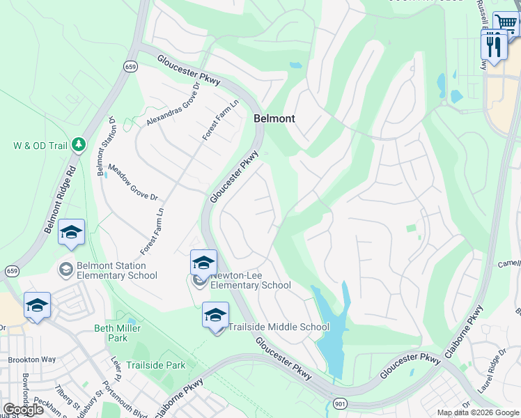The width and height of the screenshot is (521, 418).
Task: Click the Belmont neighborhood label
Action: tap(274, 118)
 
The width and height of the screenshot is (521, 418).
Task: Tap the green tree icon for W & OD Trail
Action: tap(80, 144)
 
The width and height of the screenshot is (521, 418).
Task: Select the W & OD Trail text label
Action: tap(40, 146)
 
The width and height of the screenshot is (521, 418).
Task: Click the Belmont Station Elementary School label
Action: tap(111, 270)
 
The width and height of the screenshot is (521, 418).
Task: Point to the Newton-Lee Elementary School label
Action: tap(250, 280)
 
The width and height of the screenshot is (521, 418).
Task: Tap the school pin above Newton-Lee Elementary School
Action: tap(203, 263)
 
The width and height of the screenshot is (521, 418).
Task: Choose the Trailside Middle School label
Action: tap(279, 327)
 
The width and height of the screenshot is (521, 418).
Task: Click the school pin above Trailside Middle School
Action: tap(215, 314)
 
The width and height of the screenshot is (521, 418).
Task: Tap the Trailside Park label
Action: tap(156, 365)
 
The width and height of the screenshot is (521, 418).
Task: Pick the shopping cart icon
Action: tap(506, 23)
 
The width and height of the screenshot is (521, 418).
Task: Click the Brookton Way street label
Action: tap(32, 359)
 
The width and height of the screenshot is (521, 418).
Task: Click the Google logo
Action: tap(23, 410)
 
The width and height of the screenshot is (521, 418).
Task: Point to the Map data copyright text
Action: tap(478, 412)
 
